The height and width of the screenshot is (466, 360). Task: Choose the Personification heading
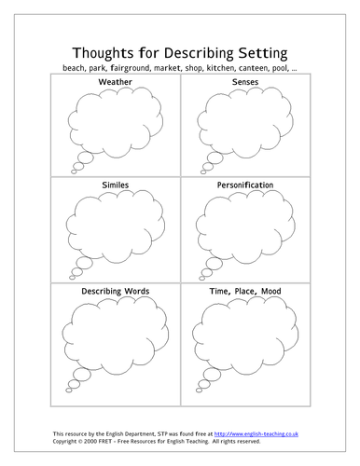coord(244,185)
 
